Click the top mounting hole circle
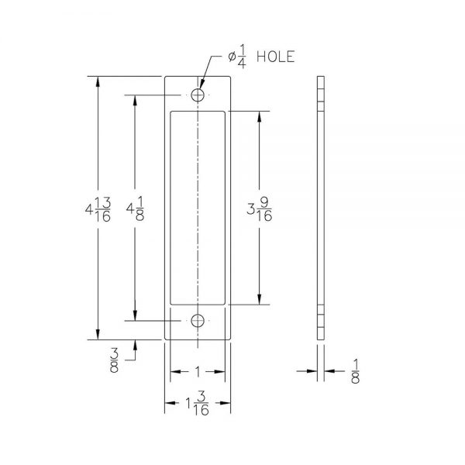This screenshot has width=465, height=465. (x=199, y=95)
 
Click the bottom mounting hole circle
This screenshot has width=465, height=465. (x=199, y=320)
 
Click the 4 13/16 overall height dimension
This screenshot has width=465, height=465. (x=98, y=209)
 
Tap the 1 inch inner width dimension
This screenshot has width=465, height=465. (x=198, y=371)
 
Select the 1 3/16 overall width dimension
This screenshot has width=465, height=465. (x=198, y=404)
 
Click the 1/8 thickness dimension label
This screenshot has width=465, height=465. (x=356, y=371)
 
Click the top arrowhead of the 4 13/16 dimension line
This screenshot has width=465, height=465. (x=98, y=81)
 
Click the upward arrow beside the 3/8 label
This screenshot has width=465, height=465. (x=136, y=346)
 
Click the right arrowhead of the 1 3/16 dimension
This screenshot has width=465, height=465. (x=228, y=404)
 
